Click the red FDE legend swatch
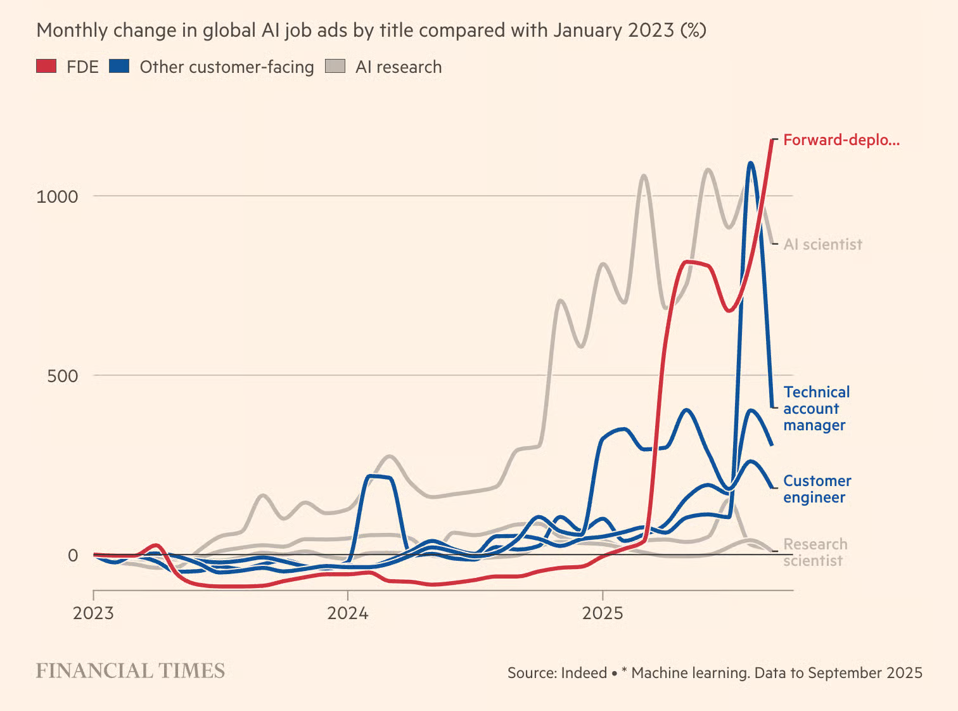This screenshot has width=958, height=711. click(x=46, y=66)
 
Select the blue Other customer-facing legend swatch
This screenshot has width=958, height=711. click(x=119, y=66)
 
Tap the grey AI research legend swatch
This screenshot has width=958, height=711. click(x=335, y=66)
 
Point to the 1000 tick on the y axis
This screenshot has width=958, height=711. click(x=57, y=196)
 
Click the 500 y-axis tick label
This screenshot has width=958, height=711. click(x=62, y=376)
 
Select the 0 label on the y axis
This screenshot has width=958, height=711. click(x=73, y=555)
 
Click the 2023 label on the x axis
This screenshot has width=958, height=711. click(x=93, y=613)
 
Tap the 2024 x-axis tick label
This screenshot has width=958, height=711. click(x=347, y=613)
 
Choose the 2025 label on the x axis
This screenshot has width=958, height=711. click(x=603, y=613)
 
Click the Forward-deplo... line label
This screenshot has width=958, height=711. click(x=841, y=140)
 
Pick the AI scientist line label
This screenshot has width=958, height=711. click(x=822, y=245)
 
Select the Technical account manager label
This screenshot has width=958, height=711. click(x=816, y=409)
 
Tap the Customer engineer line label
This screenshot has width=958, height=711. click(x=817, y=489)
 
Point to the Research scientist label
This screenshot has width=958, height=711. click(x=815, y=553)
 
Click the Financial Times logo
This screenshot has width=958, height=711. click(x=131, y=670)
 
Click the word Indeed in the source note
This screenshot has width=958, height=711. click(x=584, y=673)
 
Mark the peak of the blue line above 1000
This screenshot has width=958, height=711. click(x=751, y=163)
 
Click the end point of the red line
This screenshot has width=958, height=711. click(x=772, y=140)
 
